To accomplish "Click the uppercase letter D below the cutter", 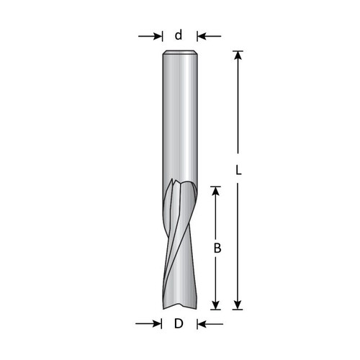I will pyautogui.click(x=178, y=324).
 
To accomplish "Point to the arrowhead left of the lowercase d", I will pyautogui.click(x=157, y=35).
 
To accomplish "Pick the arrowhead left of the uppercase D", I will pyautogui.click(x=157, y=324).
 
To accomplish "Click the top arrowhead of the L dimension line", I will pyautogui.click(x=238, y=56).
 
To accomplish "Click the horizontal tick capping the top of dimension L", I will pyautogui.click(x=238, y=50).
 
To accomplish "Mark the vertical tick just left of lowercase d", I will pyautogui.click(x=163, y=35).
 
